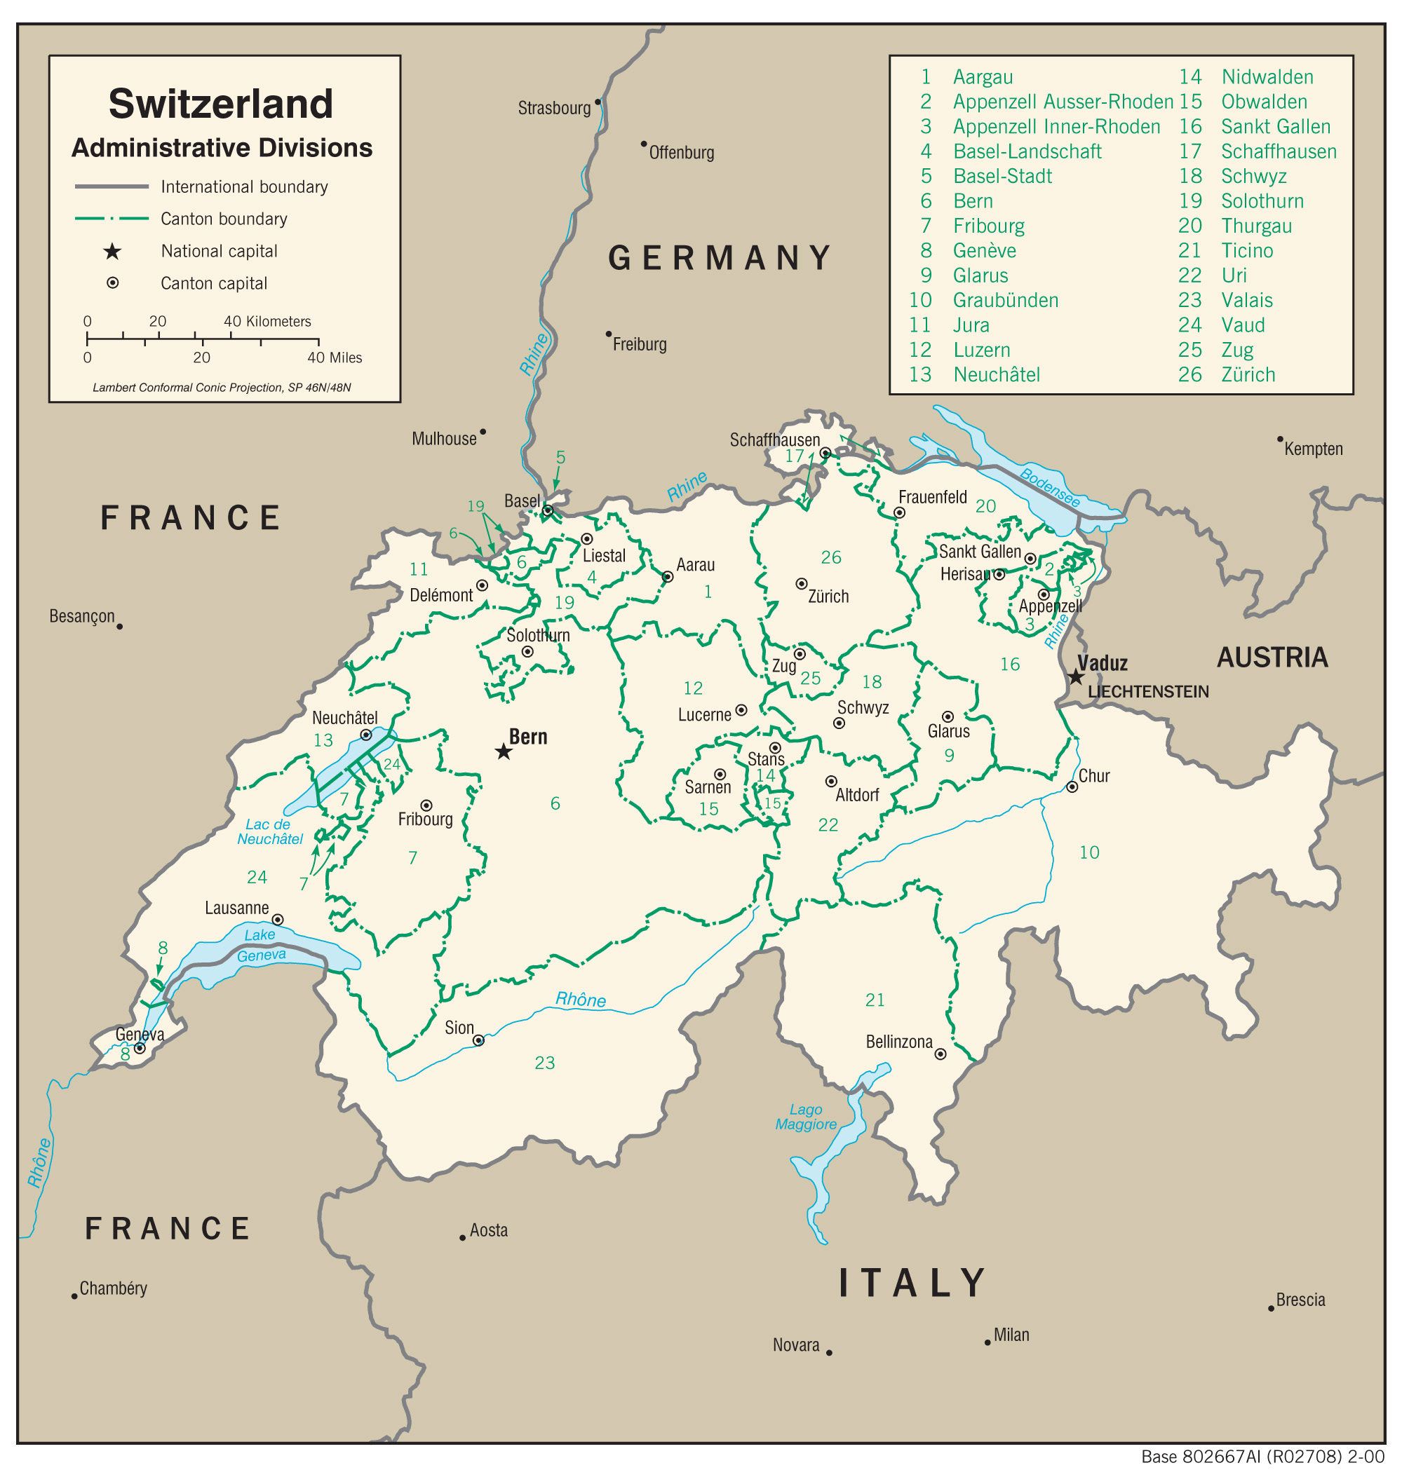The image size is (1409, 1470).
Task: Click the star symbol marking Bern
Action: click(x=504, y=751)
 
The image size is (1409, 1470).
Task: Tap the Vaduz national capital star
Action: click(x=1076, y=677)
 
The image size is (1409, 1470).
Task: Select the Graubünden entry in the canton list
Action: click(x=1005, y=301)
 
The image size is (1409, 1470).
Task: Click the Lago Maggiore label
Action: click(x=806, y=1117)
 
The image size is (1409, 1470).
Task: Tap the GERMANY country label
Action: click(x=720, y=258)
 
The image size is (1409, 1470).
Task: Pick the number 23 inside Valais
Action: click(x=545, y=1063)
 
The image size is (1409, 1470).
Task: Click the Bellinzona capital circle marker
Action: click(x=940, y=1054)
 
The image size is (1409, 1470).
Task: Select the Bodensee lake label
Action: click(x=1051, y=487)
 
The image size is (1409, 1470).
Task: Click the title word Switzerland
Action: click(x=221, y=104)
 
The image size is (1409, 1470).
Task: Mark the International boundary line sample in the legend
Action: click(x=112, y=186)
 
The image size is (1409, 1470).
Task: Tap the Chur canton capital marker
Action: click(x=1072, y=787)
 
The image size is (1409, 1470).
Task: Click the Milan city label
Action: click(x=1011, y=1335)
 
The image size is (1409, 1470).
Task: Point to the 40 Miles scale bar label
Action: click(x=335, y=358)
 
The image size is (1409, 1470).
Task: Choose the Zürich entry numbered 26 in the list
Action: click(x=1248, y=375)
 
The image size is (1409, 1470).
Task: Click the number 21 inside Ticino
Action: click(x=875, y=1000)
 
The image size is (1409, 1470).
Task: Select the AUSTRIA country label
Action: click(x=1272, y=658)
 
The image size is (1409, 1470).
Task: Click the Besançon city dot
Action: click(x=119, y=626)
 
